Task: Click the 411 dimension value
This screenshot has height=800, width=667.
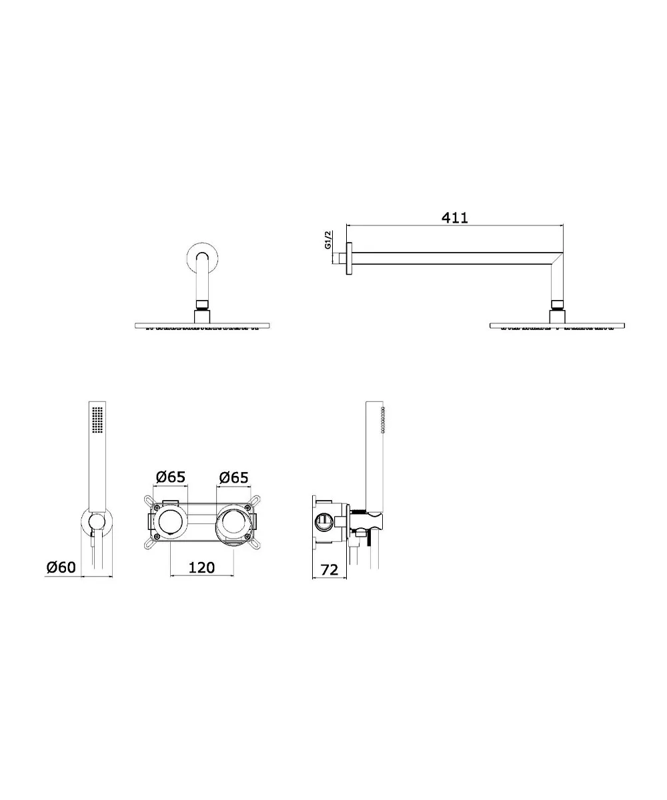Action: pos(454,217)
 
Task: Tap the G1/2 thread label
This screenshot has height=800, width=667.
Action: pos(328,239)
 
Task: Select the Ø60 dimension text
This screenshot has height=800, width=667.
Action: pos(61,567)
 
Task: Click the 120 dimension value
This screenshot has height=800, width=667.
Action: pos(201,567)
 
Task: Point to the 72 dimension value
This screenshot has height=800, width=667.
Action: pos(329,570)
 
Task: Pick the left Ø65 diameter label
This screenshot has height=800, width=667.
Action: pos(171,477)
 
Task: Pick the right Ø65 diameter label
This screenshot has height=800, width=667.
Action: pos(233,477)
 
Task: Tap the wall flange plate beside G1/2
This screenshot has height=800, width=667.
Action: pos(350,259)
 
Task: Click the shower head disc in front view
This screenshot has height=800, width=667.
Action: pos(202,326)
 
